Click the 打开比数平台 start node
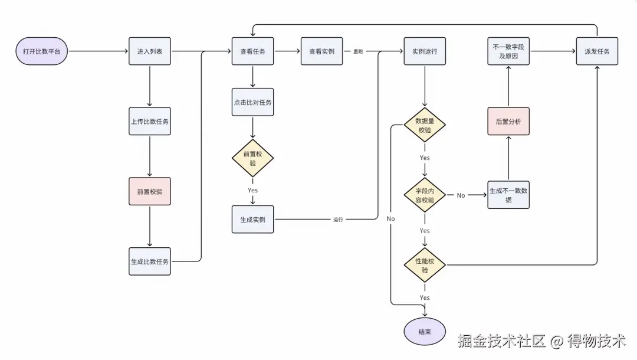coord(41,51)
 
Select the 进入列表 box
coord(149,51)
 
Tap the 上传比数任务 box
coord(149,121)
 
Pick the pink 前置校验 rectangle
coord(149,191)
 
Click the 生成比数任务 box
coord(149,261)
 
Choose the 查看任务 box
coord(252,51)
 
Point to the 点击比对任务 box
coord(252,102)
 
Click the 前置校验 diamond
coord(252,158)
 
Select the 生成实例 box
coord(252,220)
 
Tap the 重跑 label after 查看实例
coord(358,51)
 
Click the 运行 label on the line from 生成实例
coord(338,220)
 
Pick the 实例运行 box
coord(425,51)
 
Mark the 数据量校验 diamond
coord(425,125)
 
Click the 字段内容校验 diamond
coord(425,195)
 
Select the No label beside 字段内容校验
coord(461,195)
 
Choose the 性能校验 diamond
coord(425,265)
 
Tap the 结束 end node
coord(425,332)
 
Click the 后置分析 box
coord(508,121)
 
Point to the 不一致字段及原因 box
coord(508,51)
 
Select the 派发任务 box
coord(597,51)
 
